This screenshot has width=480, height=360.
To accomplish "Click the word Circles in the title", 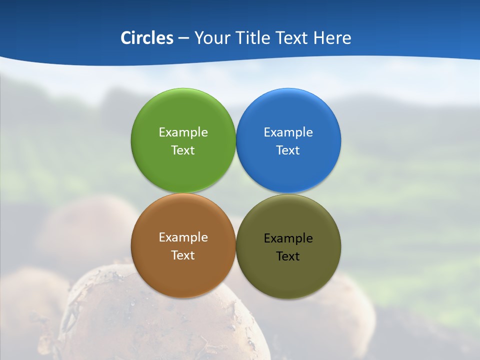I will (x=146, y=38).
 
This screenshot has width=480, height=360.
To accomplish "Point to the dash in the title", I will (x=183, y=38).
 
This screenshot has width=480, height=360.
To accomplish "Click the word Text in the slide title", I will (x=292, y=38).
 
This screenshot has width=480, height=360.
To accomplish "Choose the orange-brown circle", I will (x=183, y=272).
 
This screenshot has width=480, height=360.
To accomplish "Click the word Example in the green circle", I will (x=183, y=132).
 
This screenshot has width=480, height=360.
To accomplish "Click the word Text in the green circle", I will (x=183, y=150).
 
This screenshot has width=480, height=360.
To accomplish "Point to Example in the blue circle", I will (x=288, y=132).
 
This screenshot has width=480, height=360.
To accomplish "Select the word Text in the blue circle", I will (x=288, y=150).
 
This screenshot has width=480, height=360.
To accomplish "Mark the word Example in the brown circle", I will (x=183, y=237).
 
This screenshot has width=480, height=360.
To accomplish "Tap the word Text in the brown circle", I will (x=183, y=255).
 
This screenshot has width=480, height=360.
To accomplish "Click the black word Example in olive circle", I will (x=288, y=238).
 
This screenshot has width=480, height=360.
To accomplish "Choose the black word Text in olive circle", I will (x=288, y=256).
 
